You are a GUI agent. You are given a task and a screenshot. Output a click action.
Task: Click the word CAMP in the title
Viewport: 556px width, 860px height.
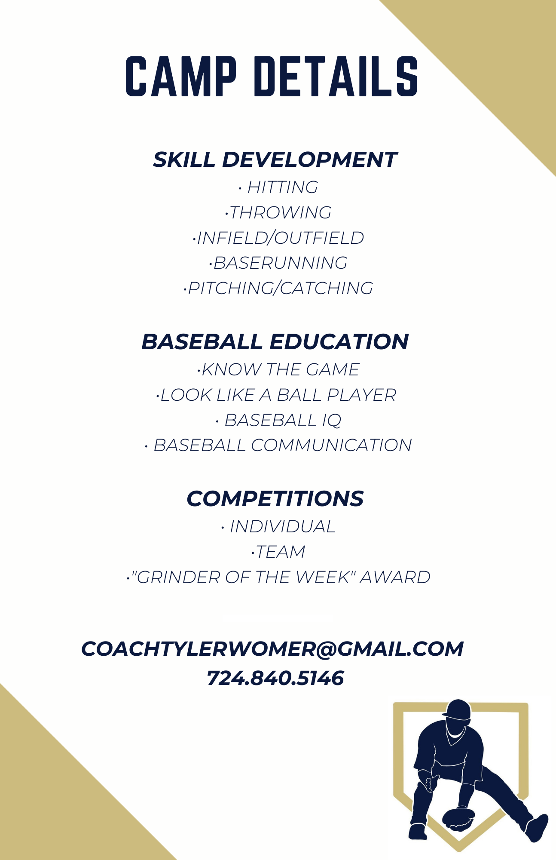point(181,76)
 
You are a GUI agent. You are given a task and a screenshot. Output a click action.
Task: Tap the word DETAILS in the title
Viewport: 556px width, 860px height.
point(336,76)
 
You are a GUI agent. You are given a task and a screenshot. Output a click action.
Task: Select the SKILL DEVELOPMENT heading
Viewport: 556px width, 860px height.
point(275,160)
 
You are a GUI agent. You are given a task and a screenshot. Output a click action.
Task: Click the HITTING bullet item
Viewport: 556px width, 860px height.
point(278,187)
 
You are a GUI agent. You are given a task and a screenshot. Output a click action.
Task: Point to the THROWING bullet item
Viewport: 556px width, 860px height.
point(278,212)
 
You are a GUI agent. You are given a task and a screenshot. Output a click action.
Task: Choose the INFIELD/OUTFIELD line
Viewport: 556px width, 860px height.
point(278,238)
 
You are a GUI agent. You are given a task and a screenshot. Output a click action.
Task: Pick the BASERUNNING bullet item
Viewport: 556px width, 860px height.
point(278,263)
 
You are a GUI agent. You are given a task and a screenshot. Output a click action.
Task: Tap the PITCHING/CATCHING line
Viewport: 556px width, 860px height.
point(278,288)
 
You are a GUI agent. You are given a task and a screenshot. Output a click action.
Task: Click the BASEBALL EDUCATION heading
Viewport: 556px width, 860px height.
point(275,342)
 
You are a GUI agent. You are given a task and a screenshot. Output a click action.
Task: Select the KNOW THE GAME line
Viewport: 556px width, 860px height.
point(278,369)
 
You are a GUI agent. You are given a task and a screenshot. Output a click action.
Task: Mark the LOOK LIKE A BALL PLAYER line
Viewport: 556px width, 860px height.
point(276,395)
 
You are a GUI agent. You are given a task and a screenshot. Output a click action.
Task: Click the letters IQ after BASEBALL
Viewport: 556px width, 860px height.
point(331,421)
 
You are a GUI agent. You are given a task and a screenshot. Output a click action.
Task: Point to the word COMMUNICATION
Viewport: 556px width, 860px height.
point(332,445)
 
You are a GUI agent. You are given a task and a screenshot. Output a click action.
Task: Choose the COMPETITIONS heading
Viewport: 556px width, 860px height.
point(275,499)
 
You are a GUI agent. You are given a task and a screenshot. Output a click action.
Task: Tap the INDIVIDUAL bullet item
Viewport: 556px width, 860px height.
point(278,527)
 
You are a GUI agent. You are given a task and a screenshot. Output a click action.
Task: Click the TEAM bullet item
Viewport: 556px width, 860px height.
point(278,552)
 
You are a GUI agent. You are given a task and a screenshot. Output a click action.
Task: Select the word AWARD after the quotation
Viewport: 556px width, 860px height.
point(395,577)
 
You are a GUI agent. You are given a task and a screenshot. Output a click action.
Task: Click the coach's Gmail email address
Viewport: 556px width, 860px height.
point(273,649)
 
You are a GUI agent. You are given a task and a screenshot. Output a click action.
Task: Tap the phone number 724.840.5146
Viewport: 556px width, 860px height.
point(275,678)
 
